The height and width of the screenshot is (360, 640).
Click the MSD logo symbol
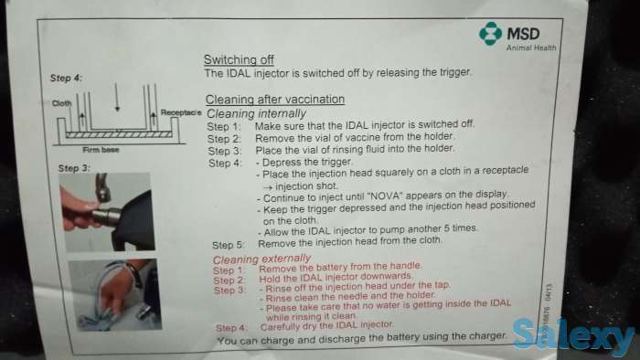490,34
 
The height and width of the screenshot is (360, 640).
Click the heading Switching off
239,59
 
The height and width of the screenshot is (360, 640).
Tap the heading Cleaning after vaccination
275,99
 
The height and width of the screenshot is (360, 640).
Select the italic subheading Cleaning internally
256,113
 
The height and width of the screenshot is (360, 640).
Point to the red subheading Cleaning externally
261,259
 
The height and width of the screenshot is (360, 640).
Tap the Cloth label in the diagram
61,103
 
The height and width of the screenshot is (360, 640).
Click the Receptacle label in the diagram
181,112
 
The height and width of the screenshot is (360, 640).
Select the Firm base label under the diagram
101,150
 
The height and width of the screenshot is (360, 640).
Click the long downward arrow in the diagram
117,97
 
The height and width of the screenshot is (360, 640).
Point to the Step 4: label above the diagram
66,78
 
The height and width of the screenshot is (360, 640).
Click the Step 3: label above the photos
74,168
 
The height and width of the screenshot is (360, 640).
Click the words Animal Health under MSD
531,48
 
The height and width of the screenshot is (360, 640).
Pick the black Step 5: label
229,245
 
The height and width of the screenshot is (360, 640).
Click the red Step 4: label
231,328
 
